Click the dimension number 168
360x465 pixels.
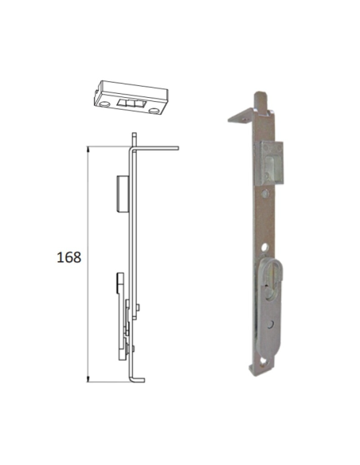point(68,257)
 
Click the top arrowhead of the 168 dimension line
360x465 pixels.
point(88,149)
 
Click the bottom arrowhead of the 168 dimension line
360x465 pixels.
point(88,379)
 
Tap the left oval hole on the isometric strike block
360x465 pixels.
point(104,104)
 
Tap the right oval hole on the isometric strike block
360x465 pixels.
point(154,111)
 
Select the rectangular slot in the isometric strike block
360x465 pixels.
point(131,104)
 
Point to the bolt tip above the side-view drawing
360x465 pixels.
point(135,139)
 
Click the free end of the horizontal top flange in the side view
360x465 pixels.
point(178,148)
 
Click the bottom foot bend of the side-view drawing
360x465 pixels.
point(138,380)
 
